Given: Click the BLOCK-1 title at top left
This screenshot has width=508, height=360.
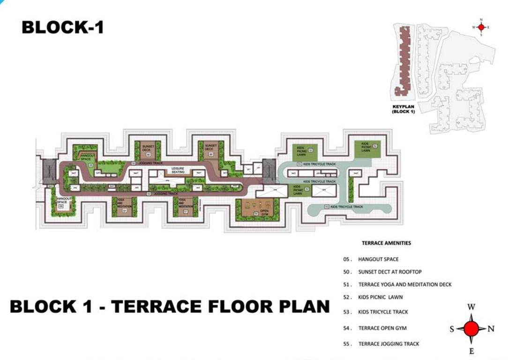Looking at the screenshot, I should point(62,27).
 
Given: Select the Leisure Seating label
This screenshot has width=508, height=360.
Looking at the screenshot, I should point(178,170).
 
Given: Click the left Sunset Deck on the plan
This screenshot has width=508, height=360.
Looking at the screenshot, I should point(147,150).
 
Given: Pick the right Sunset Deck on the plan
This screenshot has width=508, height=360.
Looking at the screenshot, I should point(210,149).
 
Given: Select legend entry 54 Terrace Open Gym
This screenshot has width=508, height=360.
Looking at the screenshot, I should point(382,328).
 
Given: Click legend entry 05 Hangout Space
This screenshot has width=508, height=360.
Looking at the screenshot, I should point(378,259).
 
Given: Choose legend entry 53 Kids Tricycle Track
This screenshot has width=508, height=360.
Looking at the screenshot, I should point(383,312).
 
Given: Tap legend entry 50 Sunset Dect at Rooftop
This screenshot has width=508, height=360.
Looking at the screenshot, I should point(389,272).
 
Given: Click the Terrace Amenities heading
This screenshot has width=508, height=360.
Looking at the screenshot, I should point(386,243).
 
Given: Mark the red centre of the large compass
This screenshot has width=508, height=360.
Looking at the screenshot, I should point(471,329).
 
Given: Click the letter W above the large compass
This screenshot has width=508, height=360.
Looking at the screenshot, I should point(471,307).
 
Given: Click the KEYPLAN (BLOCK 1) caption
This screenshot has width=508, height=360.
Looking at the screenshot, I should point(403,109).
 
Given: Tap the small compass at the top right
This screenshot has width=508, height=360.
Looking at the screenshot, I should point(481,27).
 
